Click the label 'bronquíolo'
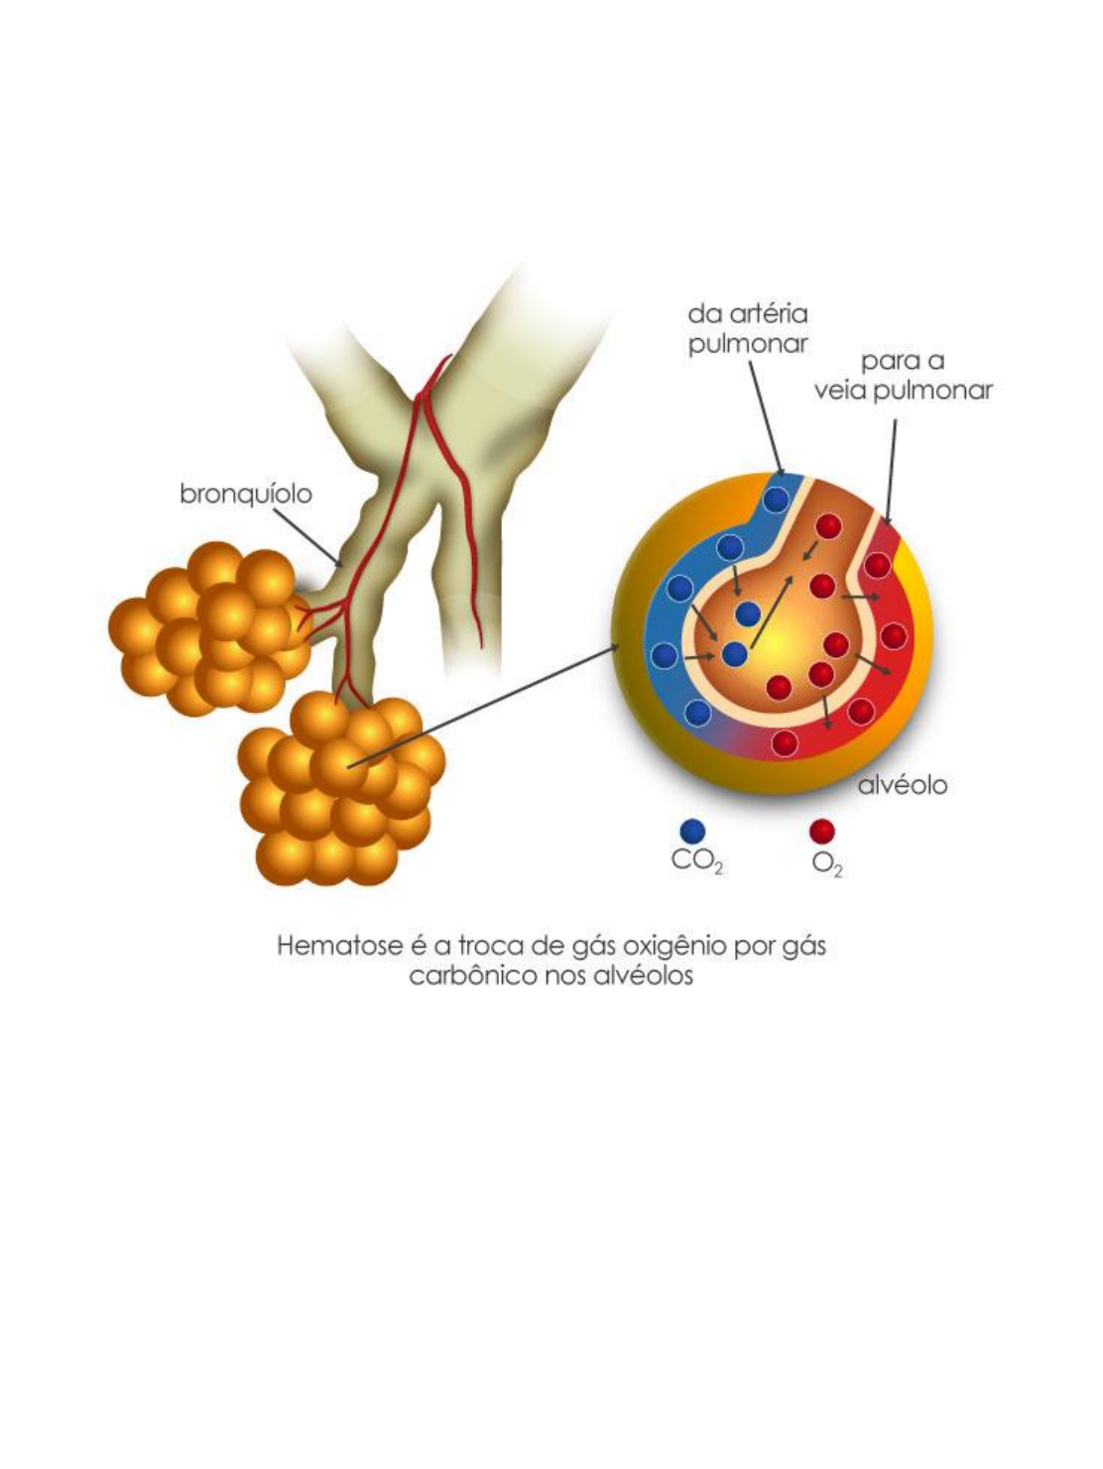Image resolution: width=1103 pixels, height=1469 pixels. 245,493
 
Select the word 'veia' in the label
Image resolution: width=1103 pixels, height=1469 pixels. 841,391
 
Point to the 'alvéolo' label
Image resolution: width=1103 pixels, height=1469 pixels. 902,785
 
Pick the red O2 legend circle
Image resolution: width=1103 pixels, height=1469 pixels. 822,831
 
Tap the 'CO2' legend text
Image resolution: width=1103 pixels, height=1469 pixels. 696,860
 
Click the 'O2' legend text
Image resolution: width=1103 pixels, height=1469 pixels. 826,863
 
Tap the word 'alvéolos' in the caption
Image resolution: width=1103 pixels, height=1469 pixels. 649,975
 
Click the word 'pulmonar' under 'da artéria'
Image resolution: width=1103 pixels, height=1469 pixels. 748,344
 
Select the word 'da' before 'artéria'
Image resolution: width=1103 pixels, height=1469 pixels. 702,314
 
